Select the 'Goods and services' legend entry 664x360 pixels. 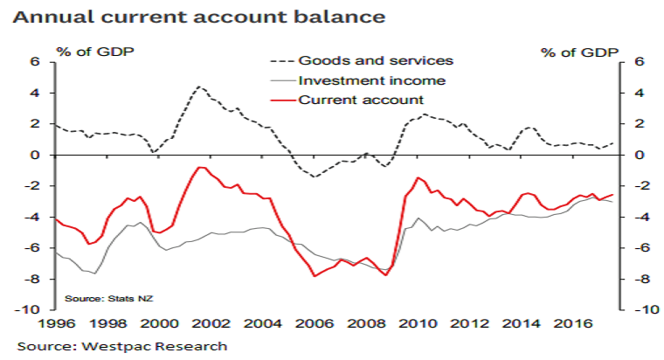click(376, 60)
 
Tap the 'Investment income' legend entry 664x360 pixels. click(372, 80)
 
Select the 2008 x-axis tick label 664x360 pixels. click(363, 325)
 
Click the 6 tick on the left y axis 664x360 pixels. click(37, 62)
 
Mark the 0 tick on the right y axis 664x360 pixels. click(639, 155)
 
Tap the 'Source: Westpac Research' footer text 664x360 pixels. click(122, 346)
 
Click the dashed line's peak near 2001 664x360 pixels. click(199, 87)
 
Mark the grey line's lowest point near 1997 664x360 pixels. click(93, 273)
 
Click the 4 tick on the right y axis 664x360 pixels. click(639, 93)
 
